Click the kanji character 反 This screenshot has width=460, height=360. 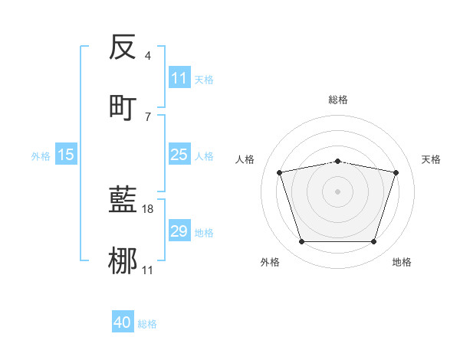(x=123, y=47)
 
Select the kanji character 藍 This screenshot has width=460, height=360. (x=123, y=201)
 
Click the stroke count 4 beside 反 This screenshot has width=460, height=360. (x=147, y=56)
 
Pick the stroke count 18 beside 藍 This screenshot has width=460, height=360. (x=149, y=209)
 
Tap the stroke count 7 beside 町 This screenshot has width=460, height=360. (x=147, y=116)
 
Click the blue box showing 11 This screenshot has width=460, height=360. (x=179, y=78)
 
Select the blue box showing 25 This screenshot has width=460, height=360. (x=179, y=155)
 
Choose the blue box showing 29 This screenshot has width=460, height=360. (x=179, y=231)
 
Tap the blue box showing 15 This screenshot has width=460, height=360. (x=66, y=155)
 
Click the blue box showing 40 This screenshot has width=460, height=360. (x=123, y=322)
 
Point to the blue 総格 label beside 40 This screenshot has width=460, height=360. (x=147, y=324)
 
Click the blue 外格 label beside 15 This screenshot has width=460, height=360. (x=41, y=156)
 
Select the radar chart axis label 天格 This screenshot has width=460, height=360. (x=432, y=159)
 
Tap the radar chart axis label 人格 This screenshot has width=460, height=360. (x=246, y=159)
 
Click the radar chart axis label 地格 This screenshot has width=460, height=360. (x=402, y=263)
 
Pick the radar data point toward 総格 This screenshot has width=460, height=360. (x=338, y=161)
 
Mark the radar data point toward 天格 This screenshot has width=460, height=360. (x=396, y=172)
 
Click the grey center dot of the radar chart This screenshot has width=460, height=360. (x=338, y=191)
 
